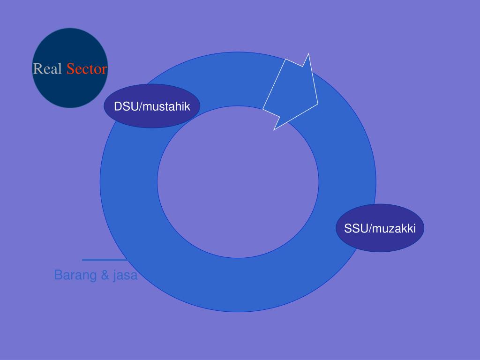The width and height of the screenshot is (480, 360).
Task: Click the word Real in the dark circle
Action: [48, 69]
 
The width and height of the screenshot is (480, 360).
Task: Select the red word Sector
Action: [87, 69]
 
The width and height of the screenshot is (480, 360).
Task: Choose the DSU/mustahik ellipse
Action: [152, 117]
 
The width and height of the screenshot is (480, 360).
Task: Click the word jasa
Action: [125, 275]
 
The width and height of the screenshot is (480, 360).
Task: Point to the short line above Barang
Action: [104, 260]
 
